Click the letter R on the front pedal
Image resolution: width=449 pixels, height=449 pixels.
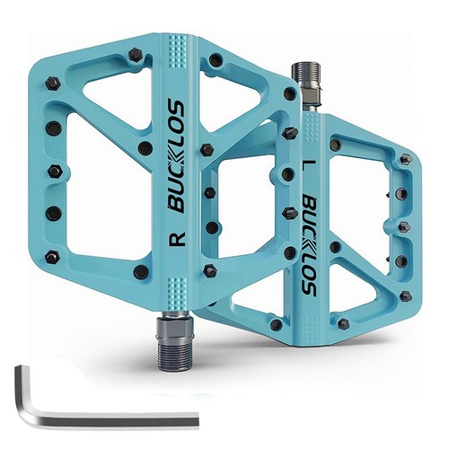(178, 238)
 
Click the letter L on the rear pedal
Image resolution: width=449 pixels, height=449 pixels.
(310, 165)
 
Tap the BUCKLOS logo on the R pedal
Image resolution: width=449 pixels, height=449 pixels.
(177, 156)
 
